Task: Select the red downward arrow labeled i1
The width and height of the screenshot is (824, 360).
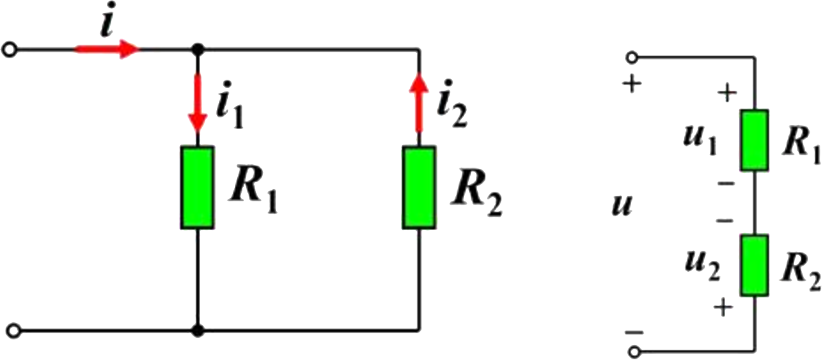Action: click(198, 103)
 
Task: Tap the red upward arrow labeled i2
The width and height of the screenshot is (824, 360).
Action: click(419, 103)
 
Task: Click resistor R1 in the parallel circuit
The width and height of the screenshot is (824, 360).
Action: click(198, 187)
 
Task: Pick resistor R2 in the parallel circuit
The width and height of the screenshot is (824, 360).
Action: click(419, 187)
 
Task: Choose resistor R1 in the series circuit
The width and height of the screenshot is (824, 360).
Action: click(753, 139)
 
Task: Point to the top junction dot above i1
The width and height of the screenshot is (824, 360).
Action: click(198, 49)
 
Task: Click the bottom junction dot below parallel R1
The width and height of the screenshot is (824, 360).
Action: click(198, 330)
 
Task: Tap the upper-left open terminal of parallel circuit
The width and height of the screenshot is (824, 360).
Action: click(10, 49)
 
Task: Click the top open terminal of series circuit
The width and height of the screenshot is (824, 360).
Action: click(633, 57)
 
